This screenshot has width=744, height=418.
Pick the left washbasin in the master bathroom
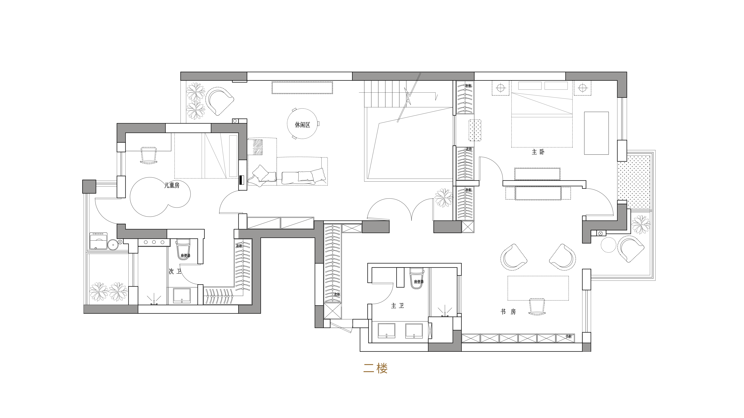click(387, 331)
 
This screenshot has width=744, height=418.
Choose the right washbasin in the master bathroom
click(414, 331)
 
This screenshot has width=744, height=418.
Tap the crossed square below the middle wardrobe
click(332, 311)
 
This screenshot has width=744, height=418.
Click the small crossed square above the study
click(468, 227)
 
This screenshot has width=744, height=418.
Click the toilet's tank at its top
click(416, 271)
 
